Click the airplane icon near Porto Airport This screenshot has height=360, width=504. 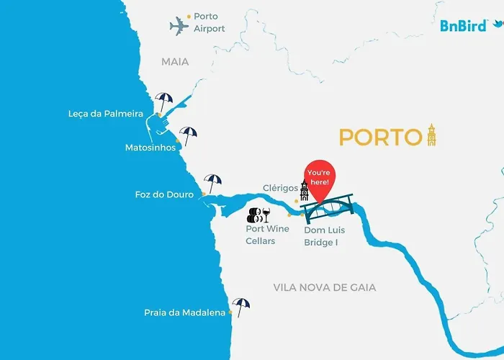(179, 27)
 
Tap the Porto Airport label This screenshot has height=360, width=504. (209, 22)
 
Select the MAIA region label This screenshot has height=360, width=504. (175, 62)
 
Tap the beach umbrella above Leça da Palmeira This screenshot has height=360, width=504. (164, 99)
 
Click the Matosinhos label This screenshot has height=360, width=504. (150, 148)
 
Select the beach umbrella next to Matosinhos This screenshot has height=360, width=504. (188, 134)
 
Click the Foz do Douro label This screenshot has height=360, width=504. (164, 194)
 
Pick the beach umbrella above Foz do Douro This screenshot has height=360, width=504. (212, 181)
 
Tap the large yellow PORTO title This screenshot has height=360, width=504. (379, 137)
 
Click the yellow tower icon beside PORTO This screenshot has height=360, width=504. (431, 134)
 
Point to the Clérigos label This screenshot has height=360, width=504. (280, 188)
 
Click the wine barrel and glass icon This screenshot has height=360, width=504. (258, 214)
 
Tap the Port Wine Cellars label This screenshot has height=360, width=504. (267, 235)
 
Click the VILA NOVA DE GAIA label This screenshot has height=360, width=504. (325, 287)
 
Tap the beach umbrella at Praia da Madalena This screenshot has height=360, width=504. (240, 306)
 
